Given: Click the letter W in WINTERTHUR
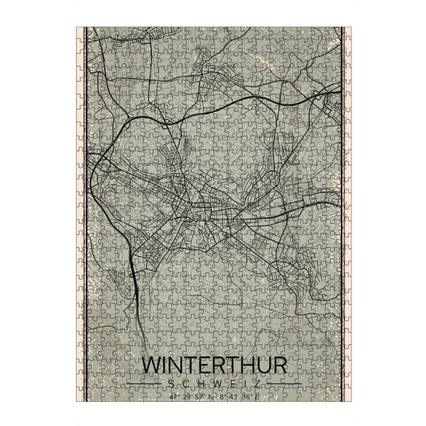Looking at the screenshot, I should click(153, 366).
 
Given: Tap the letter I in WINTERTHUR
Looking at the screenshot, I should click(169, 366).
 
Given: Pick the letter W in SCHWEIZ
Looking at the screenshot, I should click(213, 384).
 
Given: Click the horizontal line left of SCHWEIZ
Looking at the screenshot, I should click(145, 384).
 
